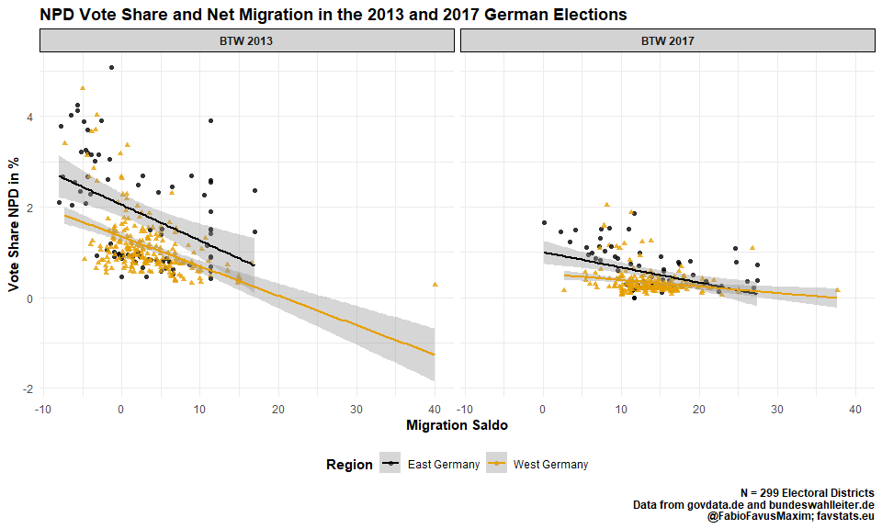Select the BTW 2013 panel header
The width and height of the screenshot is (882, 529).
click(x=246, y=41)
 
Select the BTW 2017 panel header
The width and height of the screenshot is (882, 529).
click(x=667, y=41)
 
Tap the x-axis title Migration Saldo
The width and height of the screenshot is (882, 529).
click(x=457, y=425)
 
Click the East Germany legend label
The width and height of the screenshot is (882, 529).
click(x=444, y=465)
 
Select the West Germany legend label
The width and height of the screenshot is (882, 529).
click(x=550, y=465)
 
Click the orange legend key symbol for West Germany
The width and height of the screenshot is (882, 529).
click(x=496, y=465)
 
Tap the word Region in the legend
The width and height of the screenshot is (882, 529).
click(x=349, y=465)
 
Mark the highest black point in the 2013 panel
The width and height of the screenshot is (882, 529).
click(x=111, y=67)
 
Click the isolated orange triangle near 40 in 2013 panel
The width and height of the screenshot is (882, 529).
click(x=435, y=285)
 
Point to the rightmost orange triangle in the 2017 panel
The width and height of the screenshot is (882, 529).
click(x=837, y=290)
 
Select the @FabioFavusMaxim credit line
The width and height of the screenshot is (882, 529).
click(x=790, y=518)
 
